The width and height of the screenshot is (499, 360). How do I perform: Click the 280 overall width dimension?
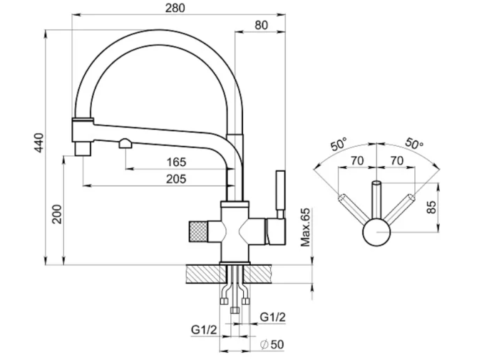(x=175, y=8)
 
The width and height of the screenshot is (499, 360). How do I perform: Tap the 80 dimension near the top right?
(x=262, y=25)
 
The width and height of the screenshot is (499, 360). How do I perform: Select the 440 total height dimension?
(x=38, y=143)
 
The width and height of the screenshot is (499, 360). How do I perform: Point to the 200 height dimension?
(x=57, y=214)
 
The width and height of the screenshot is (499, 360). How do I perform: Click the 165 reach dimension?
(x=176, y=162)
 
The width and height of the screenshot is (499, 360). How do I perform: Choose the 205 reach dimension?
(x=176, y=179)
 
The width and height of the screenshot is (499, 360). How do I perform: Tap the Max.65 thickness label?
(x=305, y=227)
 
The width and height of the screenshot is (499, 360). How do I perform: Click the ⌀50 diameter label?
(x=272, y=344)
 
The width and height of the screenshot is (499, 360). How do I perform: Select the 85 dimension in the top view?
(x=431, y=207)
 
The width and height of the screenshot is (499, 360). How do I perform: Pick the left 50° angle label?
(x=339, y=145)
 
